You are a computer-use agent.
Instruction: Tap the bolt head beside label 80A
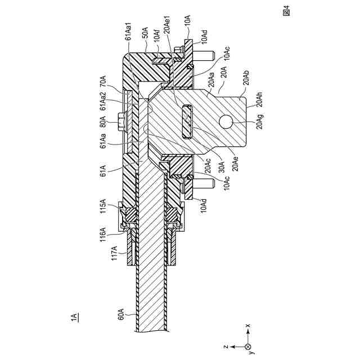click(x=120, y=120)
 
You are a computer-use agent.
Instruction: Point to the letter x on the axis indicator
click(x=248, y=326)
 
